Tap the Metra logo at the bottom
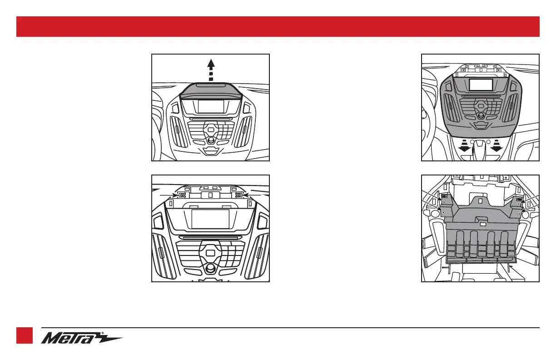tap(82, 339)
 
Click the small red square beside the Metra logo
tap(25, 335)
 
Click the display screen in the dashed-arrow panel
tap(211, 106)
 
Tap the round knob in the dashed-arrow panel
tap(210, 140)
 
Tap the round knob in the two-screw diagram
tap(210, 268)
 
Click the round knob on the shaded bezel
tap(480, 116)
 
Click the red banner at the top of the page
tap(278, 26)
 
